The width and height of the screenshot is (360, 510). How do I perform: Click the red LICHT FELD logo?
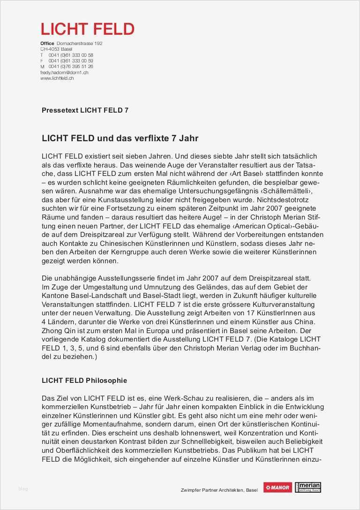pyautogui.click(x=88, y=29)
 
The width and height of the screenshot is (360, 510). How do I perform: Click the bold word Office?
pyautogui.click(x=47, y=44)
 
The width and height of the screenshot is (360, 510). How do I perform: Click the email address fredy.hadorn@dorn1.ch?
pyautogui.click(x=64, y=73)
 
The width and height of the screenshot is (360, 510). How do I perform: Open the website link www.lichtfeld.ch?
pyautogui.click(x=57, y=78)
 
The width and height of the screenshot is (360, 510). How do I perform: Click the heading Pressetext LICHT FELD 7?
pyautogui.click(x=85, y=110)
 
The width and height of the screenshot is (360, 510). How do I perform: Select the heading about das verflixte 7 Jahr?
pyautogui.click(x=120, y=138)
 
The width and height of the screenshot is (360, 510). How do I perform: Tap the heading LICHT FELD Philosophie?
pyautogui.click(x=84, y=380)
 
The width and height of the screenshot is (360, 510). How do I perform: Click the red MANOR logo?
pyautogui.click(x=277, y=487)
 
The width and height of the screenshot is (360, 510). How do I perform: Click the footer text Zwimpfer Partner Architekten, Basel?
pyautogui.click(x=219, y=490)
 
